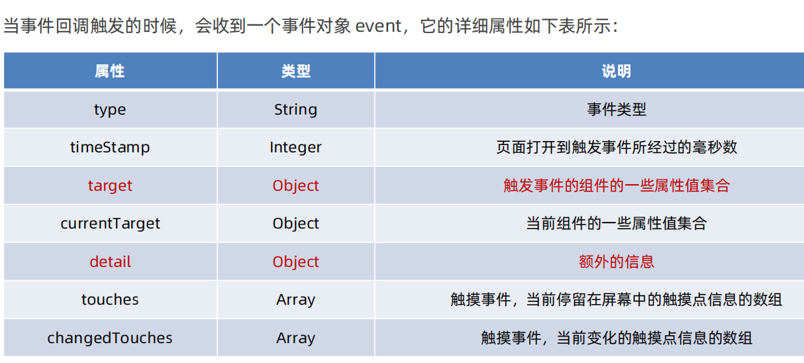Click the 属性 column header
point(110,72)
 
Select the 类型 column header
point(295,72)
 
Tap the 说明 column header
point(616,72)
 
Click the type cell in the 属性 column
point(110,110)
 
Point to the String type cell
point(295,110)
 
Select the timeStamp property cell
point(110,148)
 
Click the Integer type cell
point(295,148)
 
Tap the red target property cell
point(110,186)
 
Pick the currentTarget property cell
point(110,224)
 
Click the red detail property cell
point(110,262)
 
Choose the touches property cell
point(110,300)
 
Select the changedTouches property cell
point(110,338)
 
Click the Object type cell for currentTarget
point(295,224)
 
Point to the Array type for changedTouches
point(295,338)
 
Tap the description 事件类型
point(616,110)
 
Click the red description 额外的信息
point(616,262)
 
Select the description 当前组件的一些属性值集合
point(616,224)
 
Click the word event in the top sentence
point(378,27)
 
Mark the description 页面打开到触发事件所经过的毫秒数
point(616,148)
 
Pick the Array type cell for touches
point(295,300)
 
